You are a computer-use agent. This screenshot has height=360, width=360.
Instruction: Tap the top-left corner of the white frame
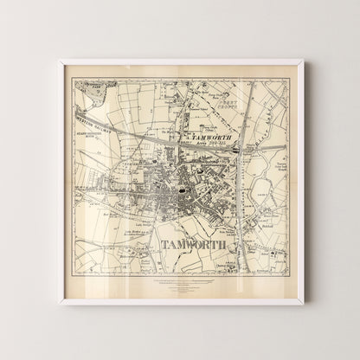(60, 61)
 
